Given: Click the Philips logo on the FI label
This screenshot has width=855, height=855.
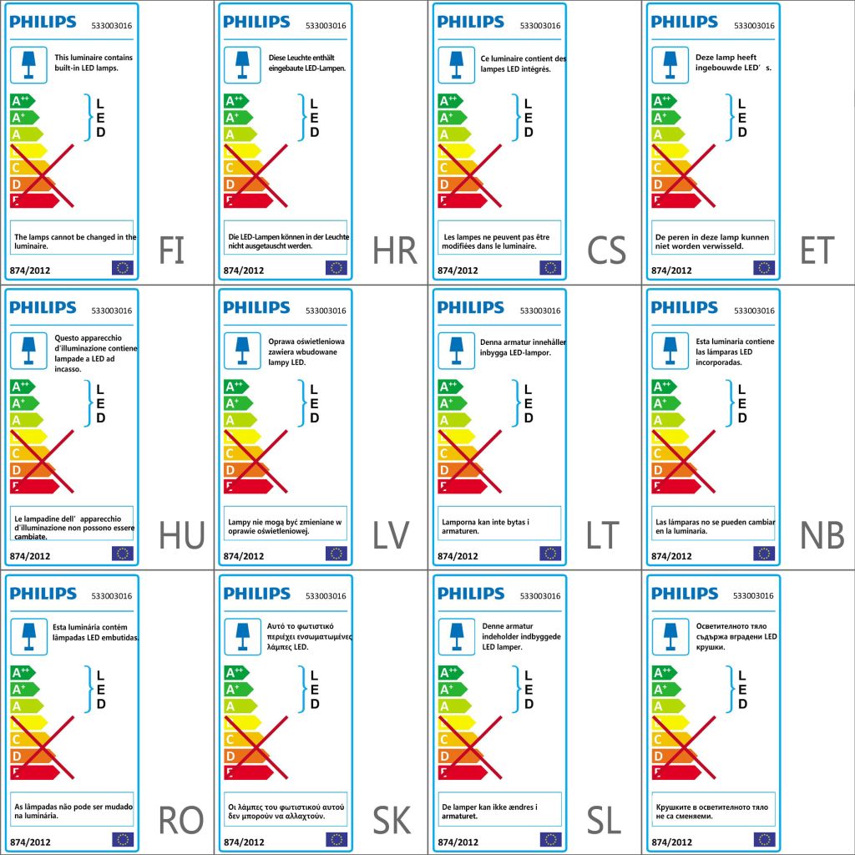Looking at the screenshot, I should click(43, 23).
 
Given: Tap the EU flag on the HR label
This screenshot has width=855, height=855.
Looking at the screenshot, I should click(336, 267).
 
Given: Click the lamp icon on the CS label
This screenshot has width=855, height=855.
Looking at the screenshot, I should click(458, 63).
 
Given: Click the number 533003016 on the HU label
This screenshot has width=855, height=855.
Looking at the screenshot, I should click(112, 311).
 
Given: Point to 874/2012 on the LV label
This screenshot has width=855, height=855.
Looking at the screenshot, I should click(244, 555).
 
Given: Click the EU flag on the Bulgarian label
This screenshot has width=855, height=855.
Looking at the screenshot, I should click(764, 838).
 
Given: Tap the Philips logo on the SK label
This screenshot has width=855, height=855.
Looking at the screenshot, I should click(256, 594).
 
